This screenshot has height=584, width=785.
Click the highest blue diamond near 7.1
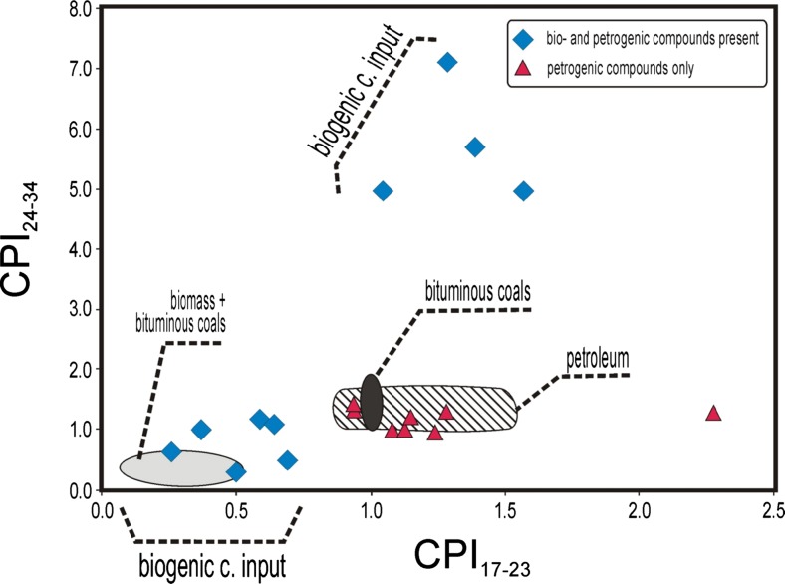(x=447, y=62)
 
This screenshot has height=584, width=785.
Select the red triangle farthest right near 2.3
(x=712, y=413)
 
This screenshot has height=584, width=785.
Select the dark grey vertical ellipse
(x=372, y=402)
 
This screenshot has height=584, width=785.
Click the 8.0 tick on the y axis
(x=81, y=9)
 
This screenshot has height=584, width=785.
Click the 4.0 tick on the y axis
(x=81, y=249)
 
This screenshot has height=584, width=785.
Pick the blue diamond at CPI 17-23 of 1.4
(x=475, y=147)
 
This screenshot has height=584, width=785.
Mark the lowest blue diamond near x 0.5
(x=236, y=471)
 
